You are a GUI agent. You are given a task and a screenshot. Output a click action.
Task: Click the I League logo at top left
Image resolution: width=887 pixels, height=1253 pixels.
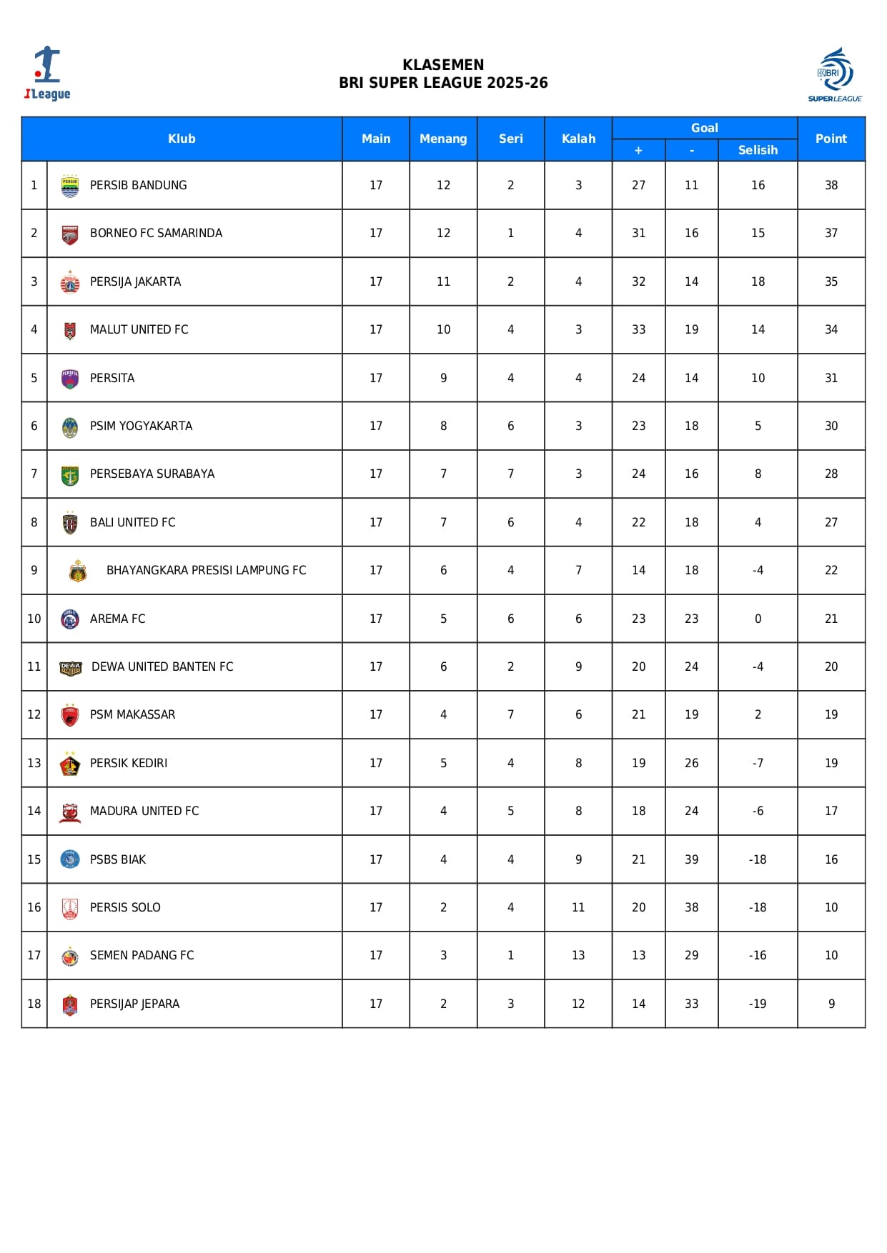47,74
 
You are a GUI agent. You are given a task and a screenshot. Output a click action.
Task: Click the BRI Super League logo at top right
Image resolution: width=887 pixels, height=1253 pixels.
835,74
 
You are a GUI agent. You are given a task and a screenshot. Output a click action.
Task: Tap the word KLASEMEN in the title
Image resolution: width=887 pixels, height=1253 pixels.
443,65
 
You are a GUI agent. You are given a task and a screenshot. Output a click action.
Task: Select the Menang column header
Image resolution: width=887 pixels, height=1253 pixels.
443,139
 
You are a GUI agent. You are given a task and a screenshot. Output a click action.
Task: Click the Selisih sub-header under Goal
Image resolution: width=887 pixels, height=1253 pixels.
758,150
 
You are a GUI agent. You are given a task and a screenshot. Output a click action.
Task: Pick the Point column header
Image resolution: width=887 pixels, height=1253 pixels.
831,139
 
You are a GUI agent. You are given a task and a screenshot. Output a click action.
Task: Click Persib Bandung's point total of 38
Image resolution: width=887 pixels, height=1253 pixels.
831,185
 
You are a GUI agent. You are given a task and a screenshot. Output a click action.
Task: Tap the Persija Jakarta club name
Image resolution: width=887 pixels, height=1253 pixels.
135,281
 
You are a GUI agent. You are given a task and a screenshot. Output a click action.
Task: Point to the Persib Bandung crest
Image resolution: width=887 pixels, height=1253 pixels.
70,185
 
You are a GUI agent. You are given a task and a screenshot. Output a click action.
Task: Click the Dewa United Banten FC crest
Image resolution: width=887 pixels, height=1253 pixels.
70,667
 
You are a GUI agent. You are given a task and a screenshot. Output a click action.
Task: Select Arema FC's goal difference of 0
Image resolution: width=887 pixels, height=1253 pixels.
758,619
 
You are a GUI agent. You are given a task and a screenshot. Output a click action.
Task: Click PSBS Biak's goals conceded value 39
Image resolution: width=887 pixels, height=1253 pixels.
691,859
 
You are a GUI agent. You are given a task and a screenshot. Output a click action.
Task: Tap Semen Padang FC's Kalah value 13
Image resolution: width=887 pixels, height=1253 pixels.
578,955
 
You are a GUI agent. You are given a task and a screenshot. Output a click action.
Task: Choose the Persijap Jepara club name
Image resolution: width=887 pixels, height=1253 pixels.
134,1004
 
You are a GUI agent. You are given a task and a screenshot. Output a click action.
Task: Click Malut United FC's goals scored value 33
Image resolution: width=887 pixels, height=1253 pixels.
638,329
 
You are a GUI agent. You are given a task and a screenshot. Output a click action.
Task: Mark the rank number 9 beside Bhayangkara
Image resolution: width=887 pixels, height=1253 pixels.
34,570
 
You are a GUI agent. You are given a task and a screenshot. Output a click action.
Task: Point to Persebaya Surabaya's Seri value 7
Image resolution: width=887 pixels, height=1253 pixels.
510,474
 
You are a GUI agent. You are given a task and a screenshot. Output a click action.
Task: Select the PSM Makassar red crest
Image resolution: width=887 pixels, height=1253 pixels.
70,715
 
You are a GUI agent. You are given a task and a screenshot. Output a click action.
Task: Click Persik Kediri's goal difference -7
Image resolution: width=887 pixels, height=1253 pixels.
758,763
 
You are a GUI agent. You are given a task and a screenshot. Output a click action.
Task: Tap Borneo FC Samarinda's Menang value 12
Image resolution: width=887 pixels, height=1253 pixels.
443,233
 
